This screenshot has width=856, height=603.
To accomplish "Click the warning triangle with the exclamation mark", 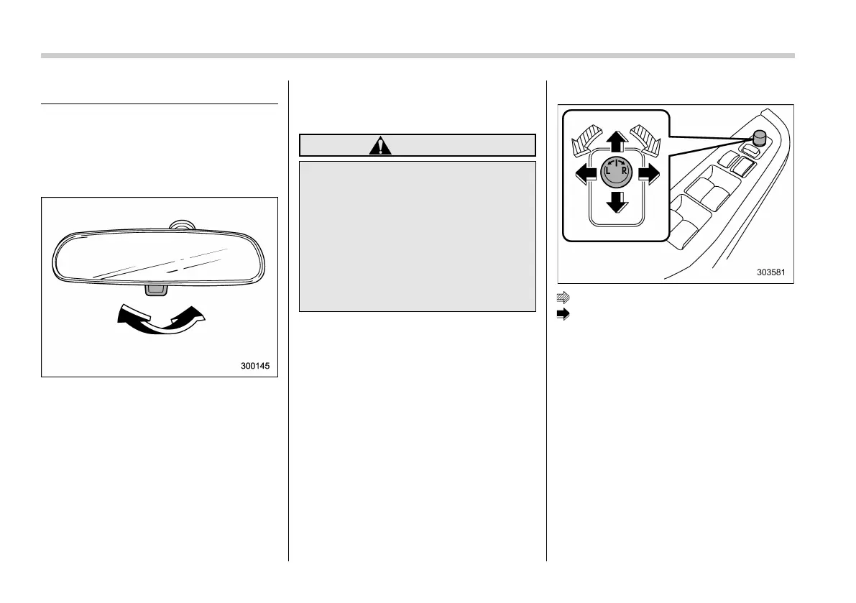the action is (380, 145).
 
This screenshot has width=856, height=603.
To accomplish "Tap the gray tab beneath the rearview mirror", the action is (155, 289).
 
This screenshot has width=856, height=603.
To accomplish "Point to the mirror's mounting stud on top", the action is (180, 226).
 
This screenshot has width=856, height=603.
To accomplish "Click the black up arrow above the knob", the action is (615, 141).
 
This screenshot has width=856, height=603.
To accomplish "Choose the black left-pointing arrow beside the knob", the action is (583, 172).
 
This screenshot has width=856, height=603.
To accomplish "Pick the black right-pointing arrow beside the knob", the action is (645, 172).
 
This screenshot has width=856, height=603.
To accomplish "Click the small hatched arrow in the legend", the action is (564, 296).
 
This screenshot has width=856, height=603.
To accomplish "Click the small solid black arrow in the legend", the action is (564, 313).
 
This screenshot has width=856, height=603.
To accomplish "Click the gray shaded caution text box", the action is (417, 236).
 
